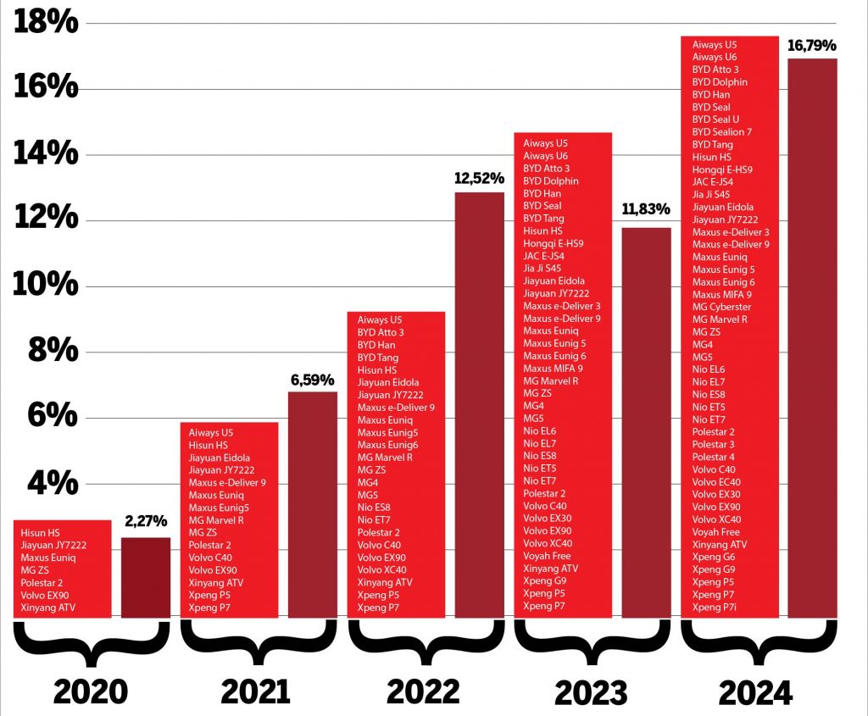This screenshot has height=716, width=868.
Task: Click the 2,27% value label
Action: point(145,521)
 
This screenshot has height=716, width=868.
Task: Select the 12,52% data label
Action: point(479,178)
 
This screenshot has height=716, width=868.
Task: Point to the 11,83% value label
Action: point(646,209)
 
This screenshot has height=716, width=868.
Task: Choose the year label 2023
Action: point(591,691)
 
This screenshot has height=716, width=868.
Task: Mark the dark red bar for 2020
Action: point(145,577)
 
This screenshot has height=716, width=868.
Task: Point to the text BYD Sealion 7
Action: point(721,132)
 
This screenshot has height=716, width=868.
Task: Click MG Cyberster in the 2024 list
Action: point(721,307)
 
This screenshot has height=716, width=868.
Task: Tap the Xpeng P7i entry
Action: point(714,607)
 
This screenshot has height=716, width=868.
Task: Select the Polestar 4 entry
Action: point(713,457)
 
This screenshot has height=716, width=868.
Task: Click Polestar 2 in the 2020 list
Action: point(42,583)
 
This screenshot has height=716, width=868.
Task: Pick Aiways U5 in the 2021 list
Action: point(210,433)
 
